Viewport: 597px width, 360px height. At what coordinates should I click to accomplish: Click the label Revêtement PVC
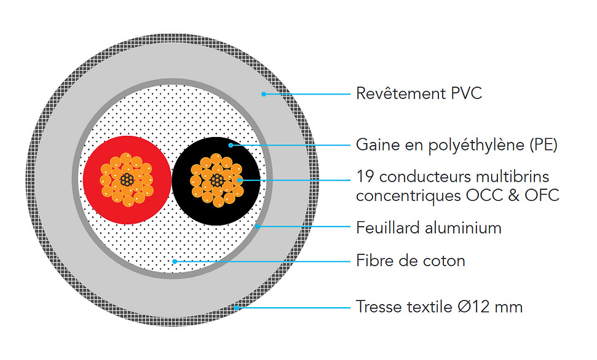pyautogui.click(x=419, y=93)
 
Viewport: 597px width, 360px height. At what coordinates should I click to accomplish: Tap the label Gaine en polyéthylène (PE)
pyautogui.click(x=456, y=145)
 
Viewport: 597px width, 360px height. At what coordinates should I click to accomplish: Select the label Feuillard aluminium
pyautogui.click(x=429, y=228)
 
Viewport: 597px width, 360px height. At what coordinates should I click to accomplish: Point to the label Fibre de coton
pyautogui.click(x=411, y=260)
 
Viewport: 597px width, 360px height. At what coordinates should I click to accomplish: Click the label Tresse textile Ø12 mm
pyautogui.click(x=440, y=307)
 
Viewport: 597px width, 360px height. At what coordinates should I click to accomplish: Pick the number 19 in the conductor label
pyautogui.click(x=365, y=177)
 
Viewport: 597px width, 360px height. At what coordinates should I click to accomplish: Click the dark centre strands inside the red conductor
pyautogui.click(x=127, y=179)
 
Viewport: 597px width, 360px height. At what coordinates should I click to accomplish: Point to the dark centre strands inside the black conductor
pyautogui.click(x=217, y=181)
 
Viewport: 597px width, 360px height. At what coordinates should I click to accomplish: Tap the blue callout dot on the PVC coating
pyautogui.click(x=264, y=94)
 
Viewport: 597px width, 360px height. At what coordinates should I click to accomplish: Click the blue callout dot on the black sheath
pyautogui.click(x=231, y=145)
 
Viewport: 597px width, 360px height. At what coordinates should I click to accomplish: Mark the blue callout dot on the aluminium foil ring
pyautogui.click(x=258, y=227)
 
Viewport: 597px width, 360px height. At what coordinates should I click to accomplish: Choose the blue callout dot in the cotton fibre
pyautogui.click(x=175, y=262)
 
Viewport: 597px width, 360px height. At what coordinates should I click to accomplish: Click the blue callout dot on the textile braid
pyautogui.click(x=237, y=308)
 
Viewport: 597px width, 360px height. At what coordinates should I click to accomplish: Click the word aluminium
pyautogui.click(x=463, y=228)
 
